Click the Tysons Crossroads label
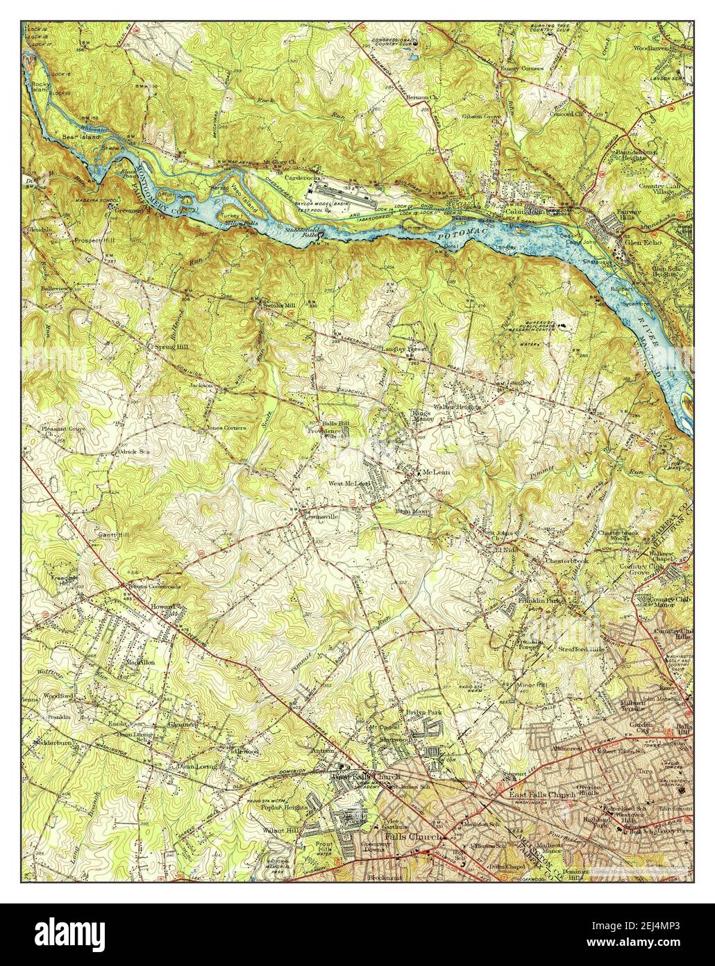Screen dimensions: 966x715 tap(153, 587)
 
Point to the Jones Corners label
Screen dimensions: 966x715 tap(227, 428)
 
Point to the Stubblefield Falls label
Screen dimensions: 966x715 tap(303, 231)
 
